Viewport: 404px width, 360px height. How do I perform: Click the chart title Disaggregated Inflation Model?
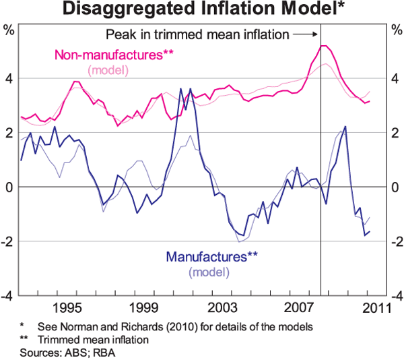[x=202, y=9]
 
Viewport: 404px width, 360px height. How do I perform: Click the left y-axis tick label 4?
[x=9, y=78]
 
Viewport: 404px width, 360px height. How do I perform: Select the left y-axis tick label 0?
[x=9, y=187]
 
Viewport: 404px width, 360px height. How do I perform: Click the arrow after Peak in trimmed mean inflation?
[x=305, y=33]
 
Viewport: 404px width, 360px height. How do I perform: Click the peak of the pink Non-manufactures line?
[x=323, y=46]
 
